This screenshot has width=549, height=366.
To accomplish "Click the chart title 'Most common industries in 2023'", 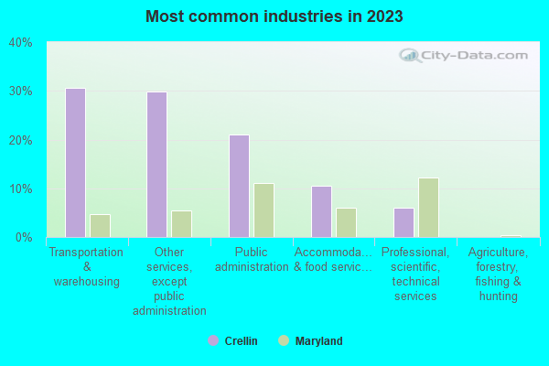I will point(274,16).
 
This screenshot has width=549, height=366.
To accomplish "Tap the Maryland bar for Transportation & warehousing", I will point(100,226).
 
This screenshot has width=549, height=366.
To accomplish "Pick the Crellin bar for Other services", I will point(157,165).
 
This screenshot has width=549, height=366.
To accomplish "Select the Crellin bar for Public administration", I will point(239,186).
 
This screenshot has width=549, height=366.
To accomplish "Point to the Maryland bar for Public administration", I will point(264,210).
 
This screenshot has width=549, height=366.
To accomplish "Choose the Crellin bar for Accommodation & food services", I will point(321,211).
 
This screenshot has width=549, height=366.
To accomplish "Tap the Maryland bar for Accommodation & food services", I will point(346,222).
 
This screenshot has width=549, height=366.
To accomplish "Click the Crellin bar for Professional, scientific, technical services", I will point(404,222).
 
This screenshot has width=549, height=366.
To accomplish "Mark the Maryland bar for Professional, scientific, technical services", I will point(428,208).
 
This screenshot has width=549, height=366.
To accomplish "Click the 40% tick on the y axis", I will point(20,42).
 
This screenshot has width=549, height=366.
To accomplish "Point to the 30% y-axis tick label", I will point(20,91).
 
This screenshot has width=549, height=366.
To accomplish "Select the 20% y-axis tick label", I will point(20,140).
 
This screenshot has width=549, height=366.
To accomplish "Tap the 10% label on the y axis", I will point(20,188).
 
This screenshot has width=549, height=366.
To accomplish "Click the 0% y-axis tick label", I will point(23,238).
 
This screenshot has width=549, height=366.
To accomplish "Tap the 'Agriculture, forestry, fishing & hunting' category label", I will point(498,274).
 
